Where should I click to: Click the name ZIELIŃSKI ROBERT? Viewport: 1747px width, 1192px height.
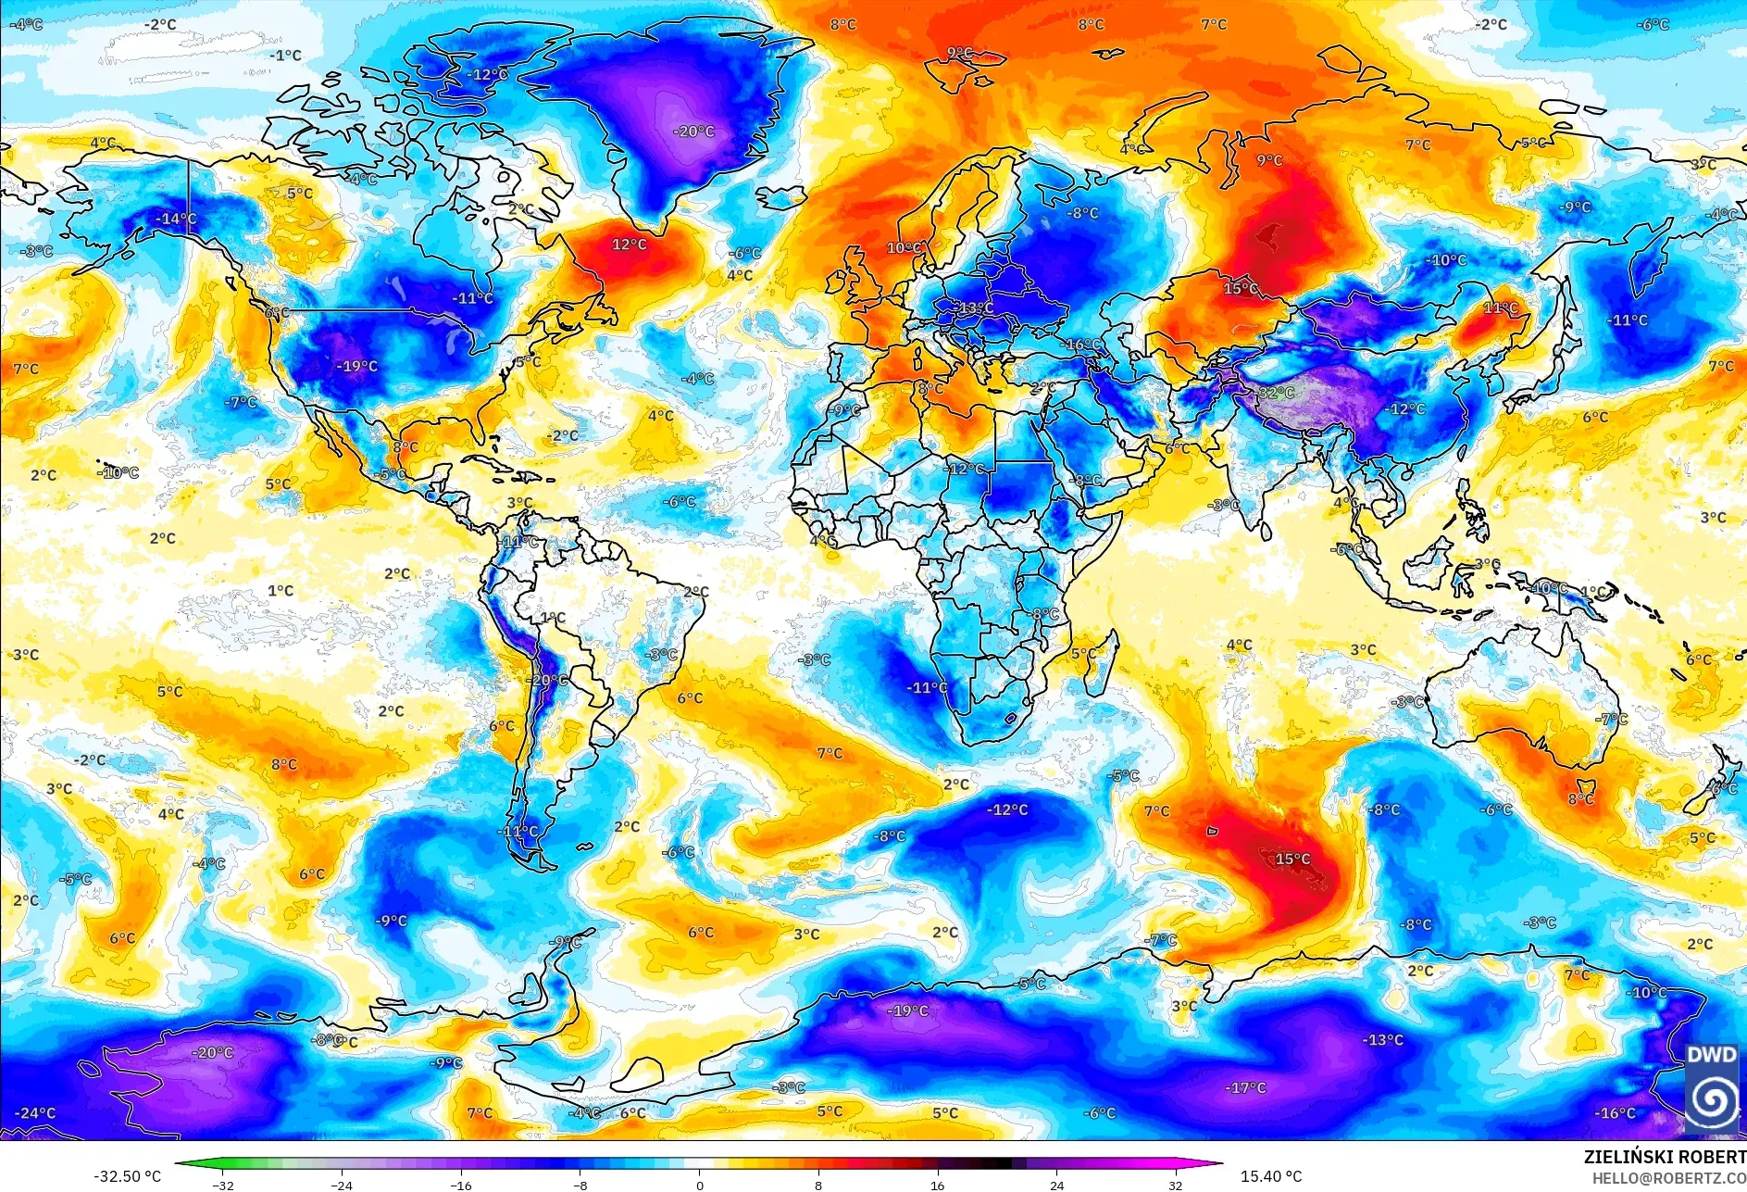pos(1664,1157)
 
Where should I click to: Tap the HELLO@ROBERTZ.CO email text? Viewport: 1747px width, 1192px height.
pos(1668,1178)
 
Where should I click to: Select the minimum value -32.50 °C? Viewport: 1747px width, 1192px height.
pos(127,1176)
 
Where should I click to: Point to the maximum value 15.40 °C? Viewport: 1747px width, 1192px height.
pos(1271,1176)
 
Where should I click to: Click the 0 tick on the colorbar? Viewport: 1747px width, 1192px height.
pos(699,1185)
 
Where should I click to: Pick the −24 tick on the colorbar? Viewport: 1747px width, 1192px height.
pos(342,1185)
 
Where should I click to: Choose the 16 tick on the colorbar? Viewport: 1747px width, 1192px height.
pos(937,1185)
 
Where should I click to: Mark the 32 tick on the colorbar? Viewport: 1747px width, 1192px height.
pos(1175,1185)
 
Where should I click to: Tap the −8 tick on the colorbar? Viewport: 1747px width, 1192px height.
pos(580,1185)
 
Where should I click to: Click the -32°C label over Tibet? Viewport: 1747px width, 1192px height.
pos(1275,393)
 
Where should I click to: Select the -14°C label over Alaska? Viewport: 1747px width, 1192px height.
pos(175,219)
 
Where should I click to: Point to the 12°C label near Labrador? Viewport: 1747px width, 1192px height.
pos(630,245)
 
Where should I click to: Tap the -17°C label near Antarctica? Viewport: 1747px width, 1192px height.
pos(1245,1087)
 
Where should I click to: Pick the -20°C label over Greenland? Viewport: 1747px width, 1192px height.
pos(693,132)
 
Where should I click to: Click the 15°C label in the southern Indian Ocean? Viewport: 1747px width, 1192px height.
pos(1292,859)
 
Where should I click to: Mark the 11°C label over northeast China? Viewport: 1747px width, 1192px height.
pos(1501,307)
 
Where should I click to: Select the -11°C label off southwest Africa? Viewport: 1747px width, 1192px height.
pos(927,687)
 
